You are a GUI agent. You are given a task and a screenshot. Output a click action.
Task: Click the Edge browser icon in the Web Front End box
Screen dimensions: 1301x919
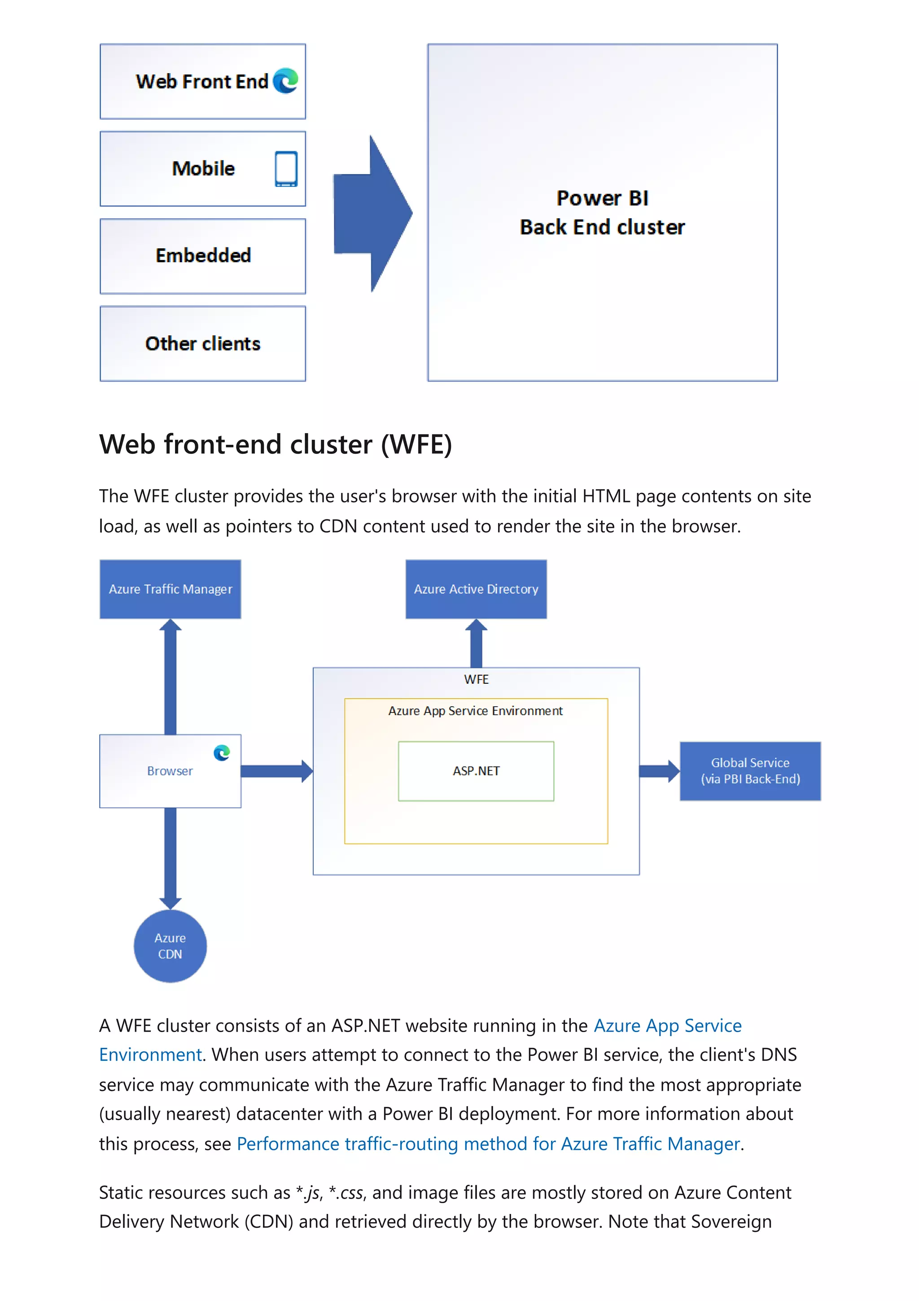[285, 80]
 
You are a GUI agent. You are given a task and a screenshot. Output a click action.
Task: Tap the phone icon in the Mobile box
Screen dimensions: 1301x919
[286, 168]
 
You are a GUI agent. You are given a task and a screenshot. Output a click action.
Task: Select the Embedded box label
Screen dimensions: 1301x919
[203, 255]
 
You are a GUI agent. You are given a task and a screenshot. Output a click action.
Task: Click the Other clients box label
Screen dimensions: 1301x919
[203, 343]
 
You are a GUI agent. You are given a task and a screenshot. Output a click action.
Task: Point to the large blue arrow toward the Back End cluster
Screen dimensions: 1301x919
[371, 214]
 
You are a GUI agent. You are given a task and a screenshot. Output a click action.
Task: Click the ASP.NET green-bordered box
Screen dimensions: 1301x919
[476, 771]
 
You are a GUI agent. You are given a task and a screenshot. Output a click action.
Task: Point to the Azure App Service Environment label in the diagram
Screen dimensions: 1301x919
[475, 711]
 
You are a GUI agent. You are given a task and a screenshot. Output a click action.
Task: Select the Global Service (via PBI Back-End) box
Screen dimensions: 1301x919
[750, 771]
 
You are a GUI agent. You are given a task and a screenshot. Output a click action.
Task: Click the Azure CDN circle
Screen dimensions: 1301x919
[170, 946]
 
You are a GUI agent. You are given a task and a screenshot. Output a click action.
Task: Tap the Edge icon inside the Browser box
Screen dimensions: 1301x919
[221, 752]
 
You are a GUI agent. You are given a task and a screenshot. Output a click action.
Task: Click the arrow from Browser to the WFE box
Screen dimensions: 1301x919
[276, 771]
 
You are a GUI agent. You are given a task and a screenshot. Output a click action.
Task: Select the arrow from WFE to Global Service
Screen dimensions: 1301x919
[659, 771]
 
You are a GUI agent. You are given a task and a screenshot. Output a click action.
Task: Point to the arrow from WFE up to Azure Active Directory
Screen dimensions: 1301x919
[476, 644]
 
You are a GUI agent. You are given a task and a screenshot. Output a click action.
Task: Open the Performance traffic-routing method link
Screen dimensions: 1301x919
[488, 1143]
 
